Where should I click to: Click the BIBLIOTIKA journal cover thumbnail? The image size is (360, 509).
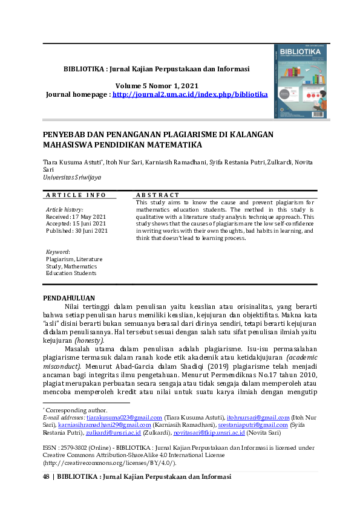(300, 80)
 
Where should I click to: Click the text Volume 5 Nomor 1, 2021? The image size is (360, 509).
(157, 86)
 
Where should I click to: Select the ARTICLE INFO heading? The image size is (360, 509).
(76, 195)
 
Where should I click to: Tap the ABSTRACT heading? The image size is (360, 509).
(158, 195)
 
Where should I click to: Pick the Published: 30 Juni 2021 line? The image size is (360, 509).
(77, 230)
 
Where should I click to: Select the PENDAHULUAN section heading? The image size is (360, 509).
(70, 298)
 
